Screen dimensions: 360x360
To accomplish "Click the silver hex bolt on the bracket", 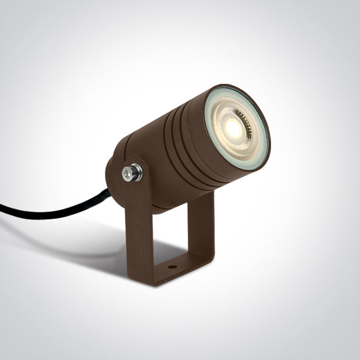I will (x=132, y=173).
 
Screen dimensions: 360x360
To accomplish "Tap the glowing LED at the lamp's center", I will (x=234, y=129).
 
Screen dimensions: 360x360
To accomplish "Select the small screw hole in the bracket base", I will (x=172, y=267).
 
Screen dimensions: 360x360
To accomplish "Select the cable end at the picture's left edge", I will (x=3, y=208).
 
